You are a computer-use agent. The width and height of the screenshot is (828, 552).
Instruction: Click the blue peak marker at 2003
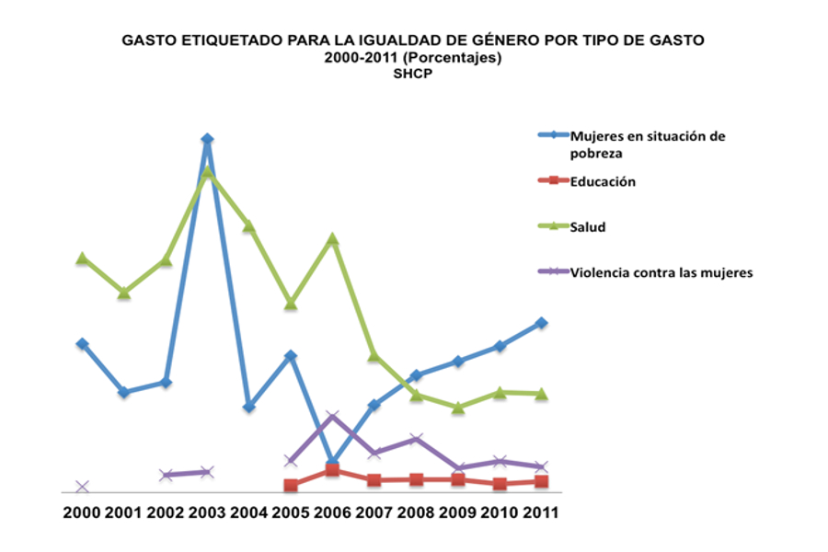(x=207, y=140)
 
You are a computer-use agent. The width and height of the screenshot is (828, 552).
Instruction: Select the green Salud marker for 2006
(x=332, y=239)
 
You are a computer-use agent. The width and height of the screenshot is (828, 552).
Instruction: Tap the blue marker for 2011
(x=542, y=323)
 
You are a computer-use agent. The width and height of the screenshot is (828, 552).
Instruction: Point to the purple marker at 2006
(x=332, y=417)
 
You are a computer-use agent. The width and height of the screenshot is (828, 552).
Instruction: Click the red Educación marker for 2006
(x=332, y=470)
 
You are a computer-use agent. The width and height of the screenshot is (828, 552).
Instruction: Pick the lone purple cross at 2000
(x=82, y=487)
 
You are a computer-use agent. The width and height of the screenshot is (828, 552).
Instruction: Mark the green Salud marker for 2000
(x=82, y=259)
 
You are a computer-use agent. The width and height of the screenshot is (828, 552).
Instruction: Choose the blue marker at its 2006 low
(x=332, y=462)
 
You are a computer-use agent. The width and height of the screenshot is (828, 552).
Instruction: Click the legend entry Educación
(x=603, y=181)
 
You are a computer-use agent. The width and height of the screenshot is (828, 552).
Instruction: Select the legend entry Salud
(x=588, y=226)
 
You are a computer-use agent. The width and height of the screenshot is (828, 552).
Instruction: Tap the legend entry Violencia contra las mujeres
(x=661, y=271)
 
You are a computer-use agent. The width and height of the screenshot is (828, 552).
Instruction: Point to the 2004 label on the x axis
(x=248, y=512)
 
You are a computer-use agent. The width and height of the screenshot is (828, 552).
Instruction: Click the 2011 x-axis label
(x=541, y=512)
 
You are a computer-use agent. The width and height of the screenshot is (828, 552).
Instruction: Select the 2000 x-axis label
(x=82, y=512)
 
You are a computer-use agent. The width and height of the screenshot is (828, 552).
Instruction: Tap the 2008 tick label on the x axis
(x=416, y=512)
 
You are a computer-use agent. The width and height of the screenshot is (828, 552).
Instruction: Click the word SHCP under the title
(x=412, y=75)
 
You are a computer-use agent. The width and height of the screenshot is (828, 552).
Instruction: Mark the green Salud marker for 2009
(x=458, y=407)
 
